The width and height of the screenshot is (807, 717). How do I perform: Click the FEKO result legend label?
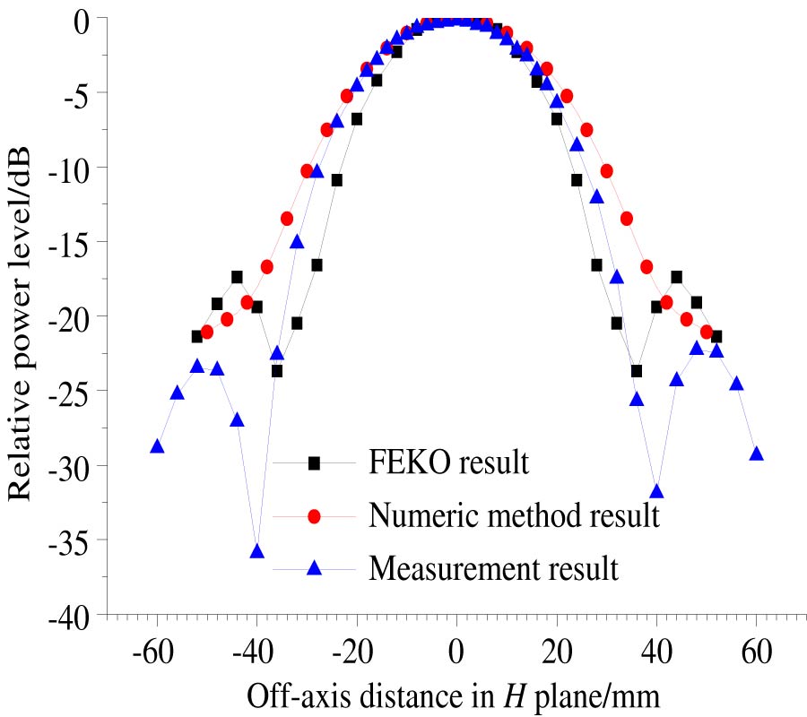(448, 463)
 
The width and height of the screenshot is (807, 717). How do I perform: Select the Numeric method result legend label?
(515, 516)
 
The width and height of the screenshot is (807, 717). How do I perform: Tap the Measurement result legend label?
(493, 569)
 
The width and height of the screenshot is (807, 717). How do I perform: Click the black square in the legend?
(314, 463)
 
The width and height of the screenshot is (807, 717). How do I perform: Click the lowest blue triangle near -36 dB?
(257, 551)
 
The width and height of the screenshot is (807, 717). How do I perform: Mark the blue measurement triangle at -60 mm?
(157, 446)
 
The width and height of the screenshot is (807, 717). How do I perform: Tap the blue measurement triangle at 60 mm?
(756, 454)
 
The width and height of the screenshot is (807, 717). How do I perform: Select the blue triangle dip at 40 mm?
(656, 491)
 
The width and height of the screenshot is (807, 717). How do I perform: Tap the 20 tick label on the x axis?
(556, 652)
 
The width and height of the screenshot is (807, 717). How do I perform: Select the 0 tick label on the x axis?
(456, 652)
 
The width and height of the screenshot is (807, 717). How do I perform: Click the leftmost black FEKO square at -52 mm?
(197, 337)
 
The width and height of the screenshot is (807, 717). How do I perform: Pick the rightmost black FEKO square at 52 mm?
(716, 337)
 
